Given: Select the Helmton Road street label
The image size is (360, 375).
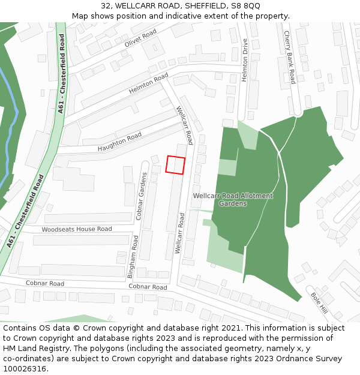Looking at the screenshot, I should coord(148,84).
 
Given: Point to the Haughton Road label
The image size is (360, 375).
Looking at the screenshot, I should coord(119,142).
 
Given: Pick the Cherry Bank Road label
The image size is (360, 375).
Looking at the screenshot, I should coord(290,58).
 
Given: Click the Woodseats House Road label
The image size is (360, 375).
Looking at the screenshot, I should coord(77,229).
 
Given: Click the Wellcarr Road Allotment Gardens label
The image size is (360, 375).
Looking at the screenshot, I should coord(233,200).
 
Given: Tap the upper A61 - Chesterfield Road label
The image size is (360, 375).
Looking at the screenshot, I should coord(62,73).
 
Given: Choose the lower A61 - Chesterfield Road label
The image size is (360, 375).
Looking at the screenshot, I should coord(26,211).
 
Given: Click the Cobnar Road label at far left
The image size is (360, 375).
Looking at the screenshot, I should coord(44,283).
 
